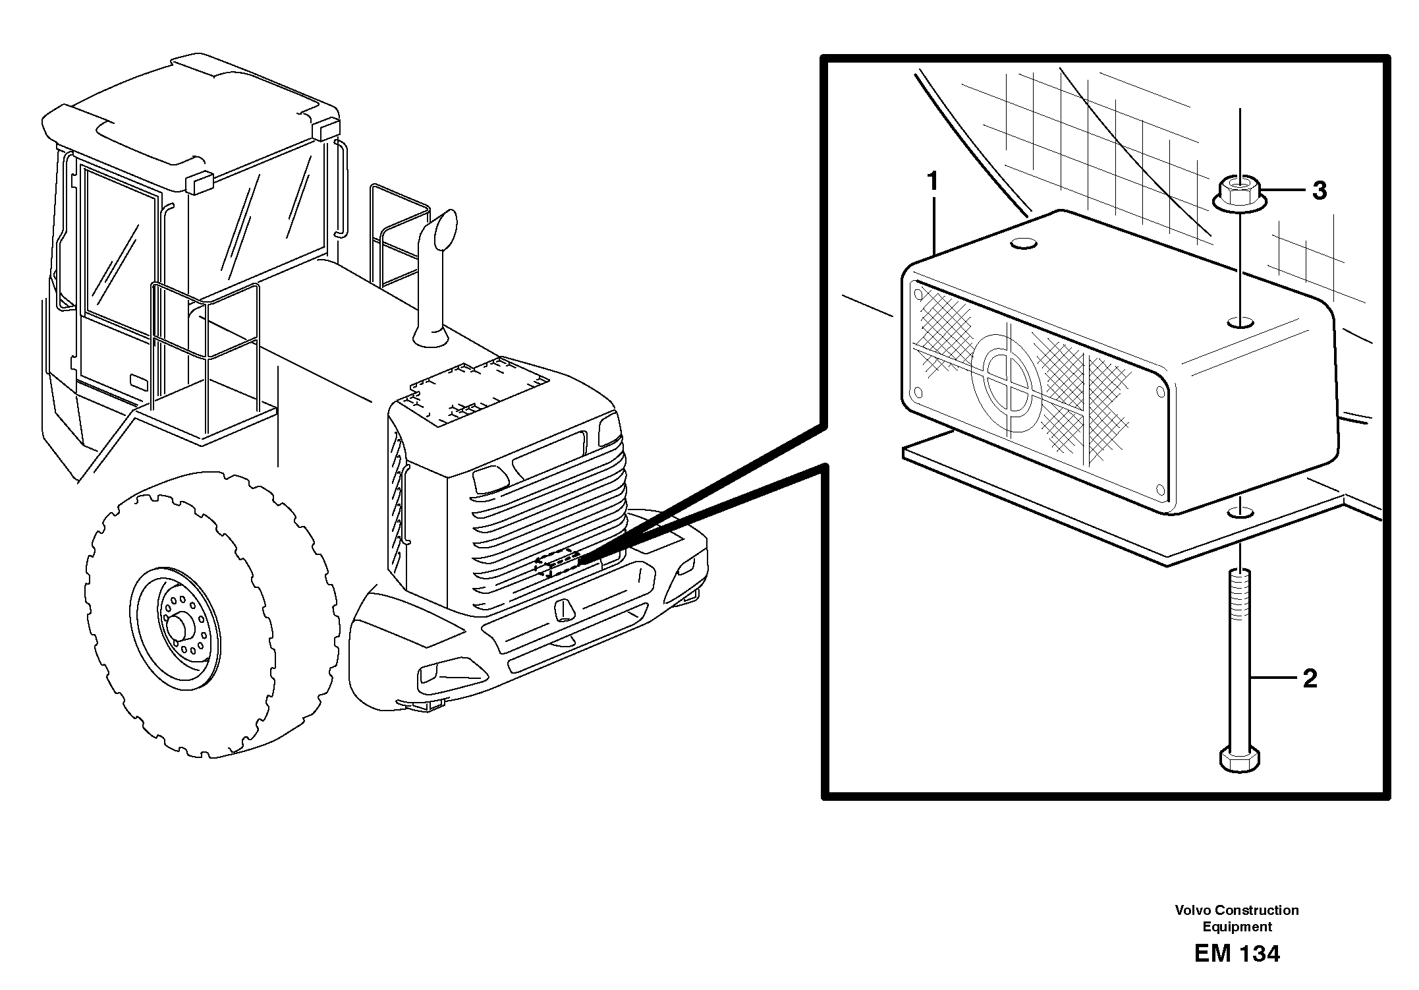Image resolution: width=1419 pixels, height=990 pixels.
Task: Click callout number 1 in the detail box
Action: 932,181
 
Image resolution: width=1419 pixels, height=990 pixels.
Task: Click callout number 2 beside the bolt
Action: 1310,679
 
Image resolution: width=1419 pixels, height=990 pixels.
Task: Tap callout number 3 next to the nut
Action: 1319,191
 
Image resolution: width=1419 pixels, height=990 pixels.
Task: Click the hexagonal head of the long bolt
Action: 1240,759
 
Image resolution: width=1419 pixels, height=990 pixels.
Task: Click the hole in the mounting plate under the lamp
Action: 1241,511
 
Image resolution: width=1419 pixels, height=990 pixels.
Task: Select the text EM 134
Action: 1237,954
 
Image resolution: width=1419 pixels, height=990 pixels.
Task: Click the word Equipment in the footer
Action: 1237,927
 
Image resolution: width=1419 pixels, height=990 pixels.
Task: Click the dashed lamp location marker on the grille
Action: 557,562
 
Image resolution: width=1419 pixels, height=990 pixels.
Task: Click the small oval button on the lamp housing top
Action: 1024,245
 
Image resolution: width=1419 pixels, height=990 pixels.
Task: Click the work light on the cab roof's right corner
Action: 329,129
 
